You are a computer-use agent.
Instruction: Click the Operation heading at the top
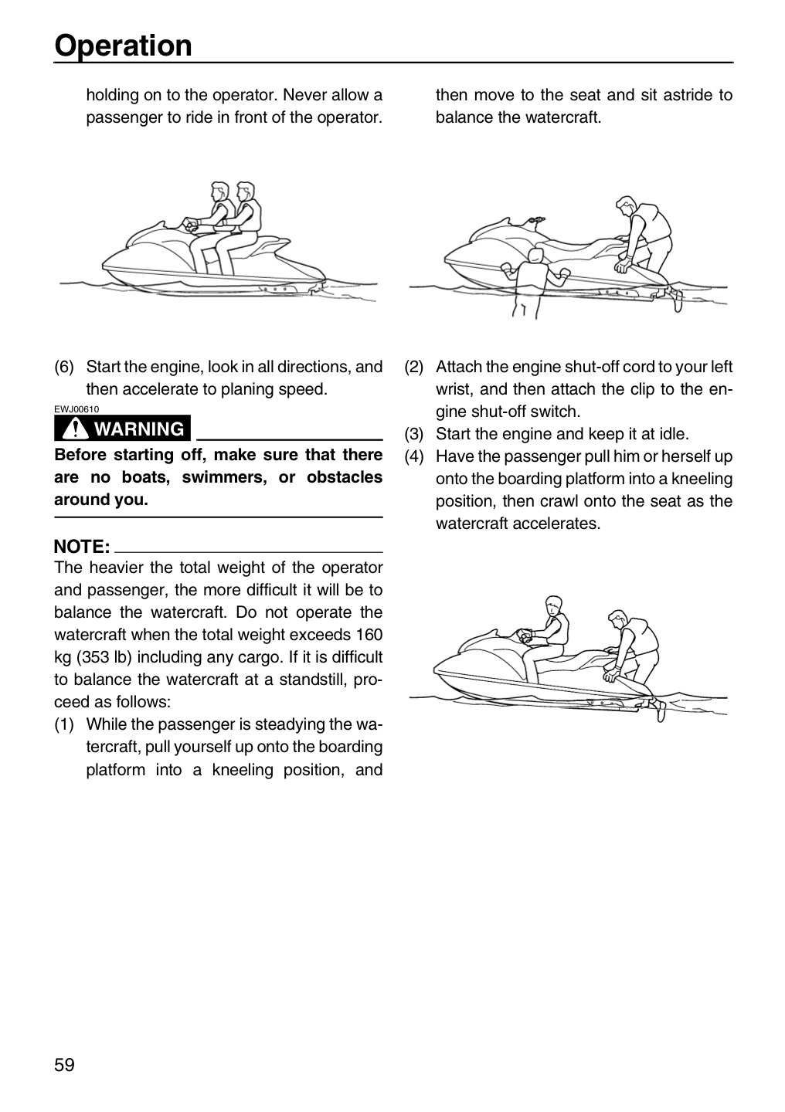click(x=123, y=46)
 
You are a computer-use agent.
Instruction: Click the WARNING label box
click(x=122, y=429)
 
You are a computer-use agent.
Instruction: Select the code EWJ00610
click(x=76, y=409)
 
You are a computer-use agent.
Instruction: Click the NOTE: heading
click(x=82, y=547)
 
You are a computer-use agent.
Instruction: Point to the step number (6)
click(x=64, y=367)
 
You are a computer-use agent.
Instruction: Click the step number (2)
click(x=414, y=367)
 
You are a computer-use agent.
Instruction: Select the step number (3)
click(x=414, y=434)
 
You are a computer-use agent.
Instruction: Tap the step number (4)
click(x=414, y=456)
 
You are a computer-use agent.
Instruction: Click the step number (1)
click(x=64, y=724)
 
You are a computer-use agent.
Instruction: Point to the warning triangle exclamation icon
click(x=75, y=428)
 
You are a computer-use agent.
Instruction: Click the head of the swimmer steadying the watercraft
click(x=535, y=256)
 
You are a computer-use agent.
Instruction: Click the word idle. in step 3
click(x=675, y=434)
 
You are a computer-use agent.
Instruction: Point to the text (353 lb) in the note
click(x=104, y=656)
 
